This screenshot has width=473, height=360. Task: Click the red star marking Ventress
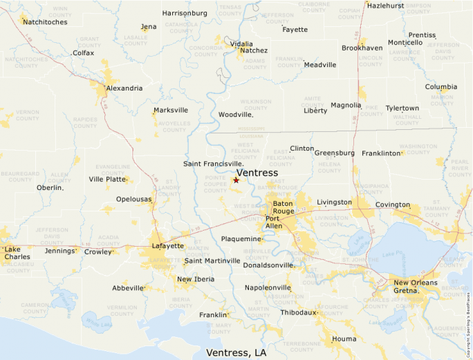click(x=236, y=180)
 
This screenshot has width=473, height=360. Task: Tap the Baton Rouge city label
click(x=283, y=208)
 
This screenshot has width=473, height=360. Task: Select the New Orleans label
click(x=415, y=283)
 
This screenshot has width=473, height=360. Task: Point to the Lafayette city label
click(x=167, y=245)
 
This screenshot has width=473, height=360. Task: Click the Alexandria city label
click(x=124, y=88)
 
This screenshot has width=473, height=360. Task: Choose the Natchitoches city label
click(x=45, y=22)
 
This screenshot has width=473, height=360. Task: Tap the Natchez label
click(x=254, y=50)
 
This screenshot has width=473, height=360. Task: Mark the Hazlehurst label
click(x=385, y=6)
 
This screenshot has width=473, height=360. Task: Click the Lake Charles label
click(x=17, y=253)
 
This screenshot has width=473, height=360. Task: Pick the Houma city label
click(x=344, y=339)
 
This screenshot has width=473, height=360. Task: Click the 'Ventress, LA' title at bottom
click(x=236, y=352)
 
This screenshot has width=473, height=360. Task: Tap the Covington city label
click(x=392, y=205)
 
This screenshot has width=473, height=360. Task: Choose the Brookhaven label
click(x=362, y=48)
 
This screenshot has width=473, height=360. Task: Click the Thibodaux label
click(x=298, y=312)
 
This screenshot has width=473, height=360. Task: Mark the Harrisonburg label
click(x=185, y=13)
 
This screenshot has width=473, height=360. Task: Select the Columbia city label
click(x=440, y=87)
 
